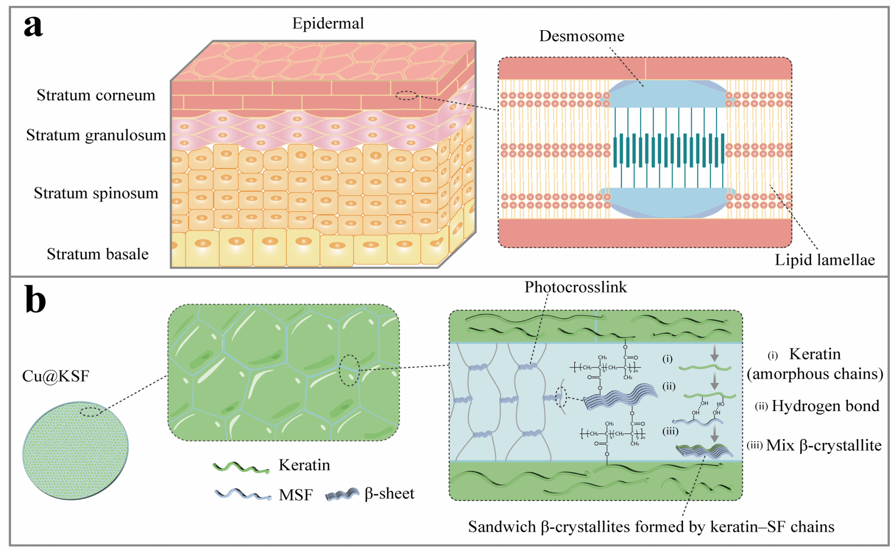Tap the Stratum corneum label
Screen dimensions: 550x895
click(x=96, y=95)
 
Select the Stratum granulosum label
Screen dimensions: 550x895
click(x=96, y=136)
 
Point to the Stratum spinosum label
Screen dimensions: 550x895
click(x=96, y=193)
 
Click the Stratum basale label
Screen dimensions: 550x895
click(x=97, y=254)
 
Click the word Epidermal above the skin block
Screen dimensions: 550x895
click(x=328, y=23)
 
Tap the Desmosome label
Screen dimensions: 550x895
click(x=581, y=36)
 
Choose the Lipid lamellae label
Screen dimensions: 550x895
click(x=825, y=260)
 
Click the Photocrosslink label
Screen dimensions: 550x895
click(x=576, y=287)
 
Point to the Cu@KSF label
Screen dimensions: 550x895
click(x=56, y=376)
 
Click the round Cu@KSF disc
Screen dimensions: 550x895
click(x=75, y=450)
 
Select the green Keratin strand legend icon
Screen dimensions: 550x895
click(x=241, y=467)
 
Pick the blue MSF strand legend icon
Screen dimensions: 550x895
click(x=243, y=494)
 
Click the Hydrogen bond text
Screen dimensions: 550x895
click(x=825, y=406)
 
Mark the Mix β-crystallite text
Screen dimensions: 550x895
click(x=824, y=446)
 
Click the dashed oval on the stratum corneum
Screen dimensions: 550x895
click(x=406, y=95)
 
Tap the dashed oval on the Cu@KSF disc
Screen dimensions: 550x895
click(x=91, y=411)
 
